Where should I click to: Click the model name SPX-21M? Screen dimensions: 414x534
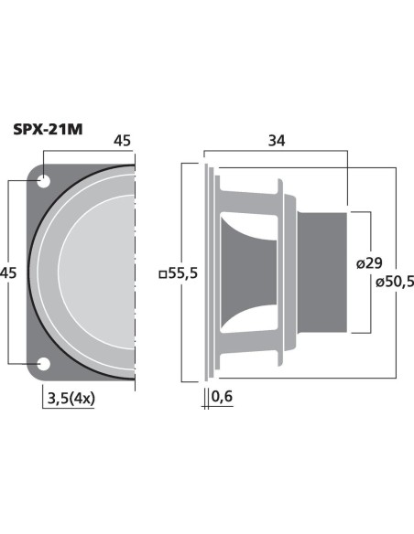tap(48, 130)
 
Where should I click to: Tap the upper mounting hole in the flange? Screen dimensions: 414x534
tap(43, 181)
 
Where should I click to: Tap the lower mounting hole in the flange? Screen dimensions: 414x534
tap(43, 364)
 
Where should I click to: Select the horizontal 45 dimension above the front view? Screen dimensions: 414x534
tap(122, 141)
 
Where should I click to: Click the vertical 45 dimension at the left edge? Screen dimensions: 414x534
tap(8, 272)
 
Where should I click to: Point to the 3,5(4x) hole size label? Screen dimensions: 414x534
tap(71, 398)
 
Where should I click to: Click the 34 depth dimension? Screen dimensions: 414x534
tap(277, 141)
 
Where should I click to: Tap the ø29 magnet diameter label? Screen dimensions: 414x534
tap(369, 263)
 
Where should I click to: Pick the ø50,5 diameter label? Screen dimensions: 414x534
tap(395, 282)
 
